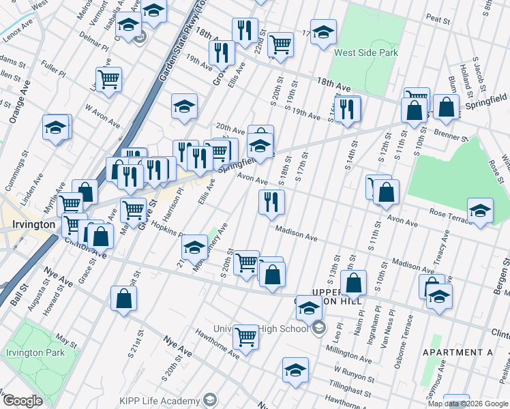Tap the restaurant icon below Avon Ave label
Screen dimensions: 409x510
[x=271, y=201]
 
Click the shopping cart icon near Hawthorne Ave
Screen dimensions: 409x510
[x=245, y=335]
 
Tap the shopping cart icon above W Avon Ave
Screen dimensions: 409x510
[x=108, y=79]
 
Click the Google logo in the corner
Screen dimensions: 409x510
[x=22, y=401]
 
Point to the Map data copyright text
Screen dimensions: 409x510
[x=468, y=404]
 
